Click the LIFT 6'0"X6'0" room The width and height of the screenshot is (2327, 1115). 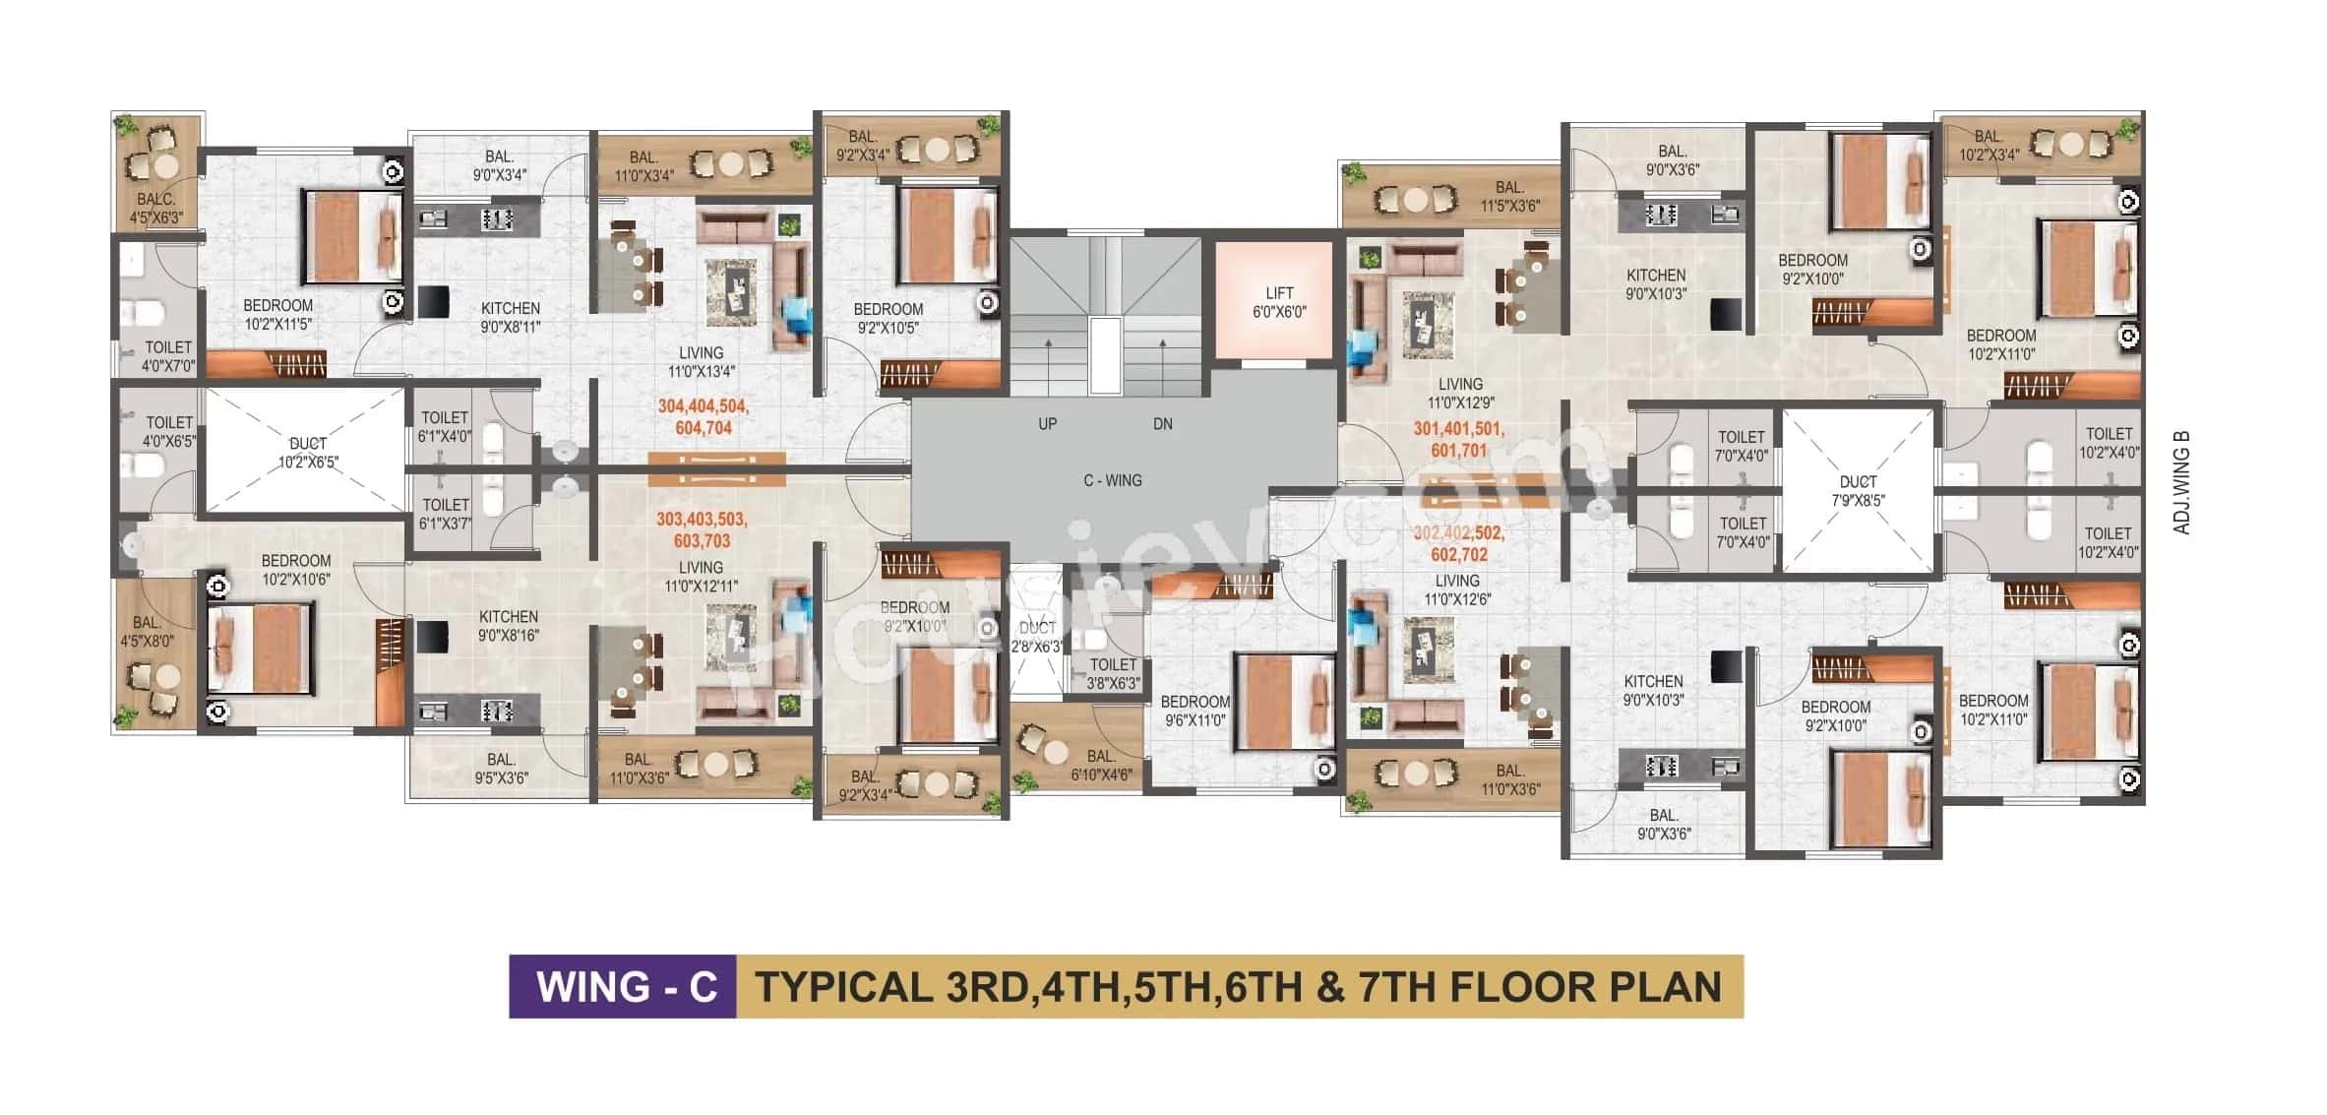(1278, 301)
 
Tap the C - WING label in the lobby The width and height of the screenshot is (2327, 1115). (1112, 480)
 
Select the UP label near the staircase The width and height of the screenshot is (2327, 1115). (1047, 424)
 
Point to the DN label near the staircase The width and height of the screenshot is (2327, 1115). (1162, 424)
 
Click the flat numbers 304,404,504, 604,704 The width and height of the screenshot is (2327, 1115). (703, 417)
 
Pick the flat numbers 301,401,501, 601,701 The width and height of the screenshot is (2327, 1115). (1458, 440)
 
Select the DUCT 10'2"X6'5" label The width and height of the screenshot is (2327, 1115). (307, 453)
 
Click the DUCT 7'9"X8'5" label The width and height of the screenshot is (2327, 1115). (1858, 490)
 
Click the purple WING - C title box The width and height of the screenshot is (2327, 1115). (623, 986)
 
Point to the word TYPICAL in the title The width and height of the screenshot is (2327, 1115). (842, 986)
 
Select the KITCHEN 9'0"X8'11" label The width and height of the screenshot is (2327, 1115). (510, 317)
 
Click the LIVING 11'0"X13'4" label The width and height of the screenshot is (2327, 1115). (701, 361)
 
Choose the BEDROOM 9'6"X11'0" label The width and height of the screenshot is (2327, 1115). (1194, 711)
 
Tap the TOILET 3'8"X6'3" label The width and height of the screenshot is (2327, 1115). (1113, 673)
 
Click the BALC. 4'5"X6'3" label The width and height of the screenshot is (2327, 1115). (156, 208)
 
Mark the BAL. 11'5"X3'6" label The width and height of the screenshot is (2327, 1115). (1509, 196)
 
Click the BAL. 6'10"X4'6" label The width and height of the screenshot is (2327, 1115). (1100, 765)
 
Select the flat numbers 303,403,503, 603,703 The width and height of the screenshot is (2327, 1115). (702, 529)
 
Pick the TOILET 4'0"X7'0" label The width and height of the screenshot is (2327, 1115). (168, 356)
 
